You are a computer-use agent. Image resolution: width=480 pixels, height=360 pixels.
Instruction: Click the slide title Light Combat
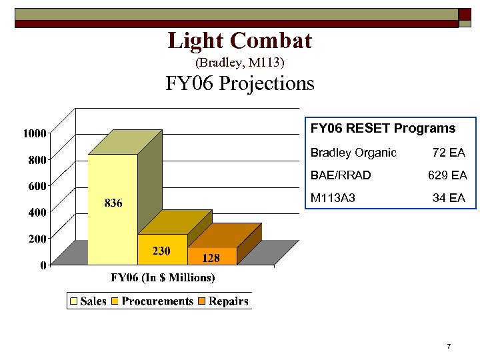(x=239, y=41)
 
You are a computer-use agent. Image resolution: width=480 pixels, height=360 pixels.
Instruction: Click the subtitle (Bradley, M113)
(x=239, y=63)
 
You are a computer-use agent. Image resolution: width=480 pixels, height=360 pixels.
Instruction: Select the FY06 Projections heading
(x=239, y=84)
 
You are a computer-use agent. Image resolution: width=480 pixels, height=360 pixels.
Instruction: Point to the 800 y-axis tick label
(x=37, y=159)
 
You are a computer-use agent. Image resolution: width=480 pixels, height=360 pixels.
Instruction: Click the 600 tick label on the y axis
(x=37, y=186)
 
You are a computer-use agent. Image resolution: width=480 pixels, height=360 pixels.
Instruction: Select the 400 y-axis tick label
(x=37, y=212)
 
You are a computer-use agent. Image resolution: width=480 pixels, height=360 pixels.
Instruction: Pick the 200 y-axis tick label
(x=37, y=238)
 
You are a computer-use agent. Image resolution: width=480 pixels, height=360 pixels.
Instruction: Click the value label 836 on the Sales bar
(x=113, y=203)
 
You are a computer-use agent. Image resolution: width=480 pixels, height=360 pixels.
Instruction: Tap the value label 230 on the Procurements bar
(x=162, y=251)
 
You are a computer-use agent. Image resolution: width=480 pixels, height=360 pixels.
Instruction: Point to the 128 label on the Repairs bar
(x=211, y=258)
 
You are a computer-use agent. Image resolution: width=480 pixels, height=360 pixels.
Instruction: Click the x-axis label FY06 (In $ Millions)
(x=163, y=277)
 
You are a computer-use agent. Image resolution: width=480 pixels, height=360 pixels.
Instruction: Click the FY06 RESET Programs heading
(x=383, y=128)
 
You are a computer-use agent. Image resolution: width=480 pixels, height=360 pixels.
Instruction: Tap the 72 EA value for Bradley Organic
(x=448, y=153)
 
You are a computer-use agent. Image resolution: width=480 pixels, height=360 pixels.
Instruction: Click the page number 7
(x=449, y=347)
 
